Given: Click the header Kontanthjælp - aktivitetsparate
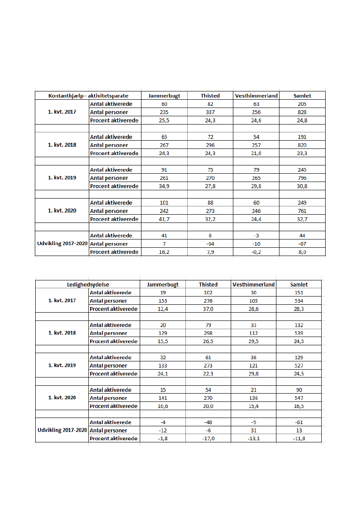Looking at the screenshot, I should click(x=88, y=96).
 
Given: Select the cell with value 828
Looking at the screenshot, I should click(x=302, y=112).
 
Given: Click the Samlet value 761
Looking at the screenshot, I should click(x=302, y=211).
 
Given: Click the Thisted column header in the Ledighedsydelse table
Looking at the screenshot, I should click(x=208, y=284).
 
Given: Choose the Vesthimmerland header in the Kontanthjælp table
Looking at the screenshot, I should click(x=256, y=96).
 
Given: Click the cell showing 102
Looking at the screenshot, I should click(x=208, y=293).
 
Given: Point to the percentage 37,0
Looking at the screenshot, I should click(x=208, y=309).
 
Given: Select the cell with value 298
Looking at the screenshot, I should click(x=208, y=333).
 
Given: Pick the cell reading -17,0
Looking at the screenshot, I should click(x=208, y=438).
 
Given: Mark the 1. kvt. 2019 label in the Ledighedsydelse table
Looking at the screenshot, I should click(x=62, y=365).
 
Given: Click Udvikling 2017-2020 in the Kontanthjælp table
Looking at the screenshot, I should click(x=62, y=244).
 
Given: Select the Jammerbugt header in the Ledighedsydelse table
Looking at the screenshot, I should click(x=163, y=284).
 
